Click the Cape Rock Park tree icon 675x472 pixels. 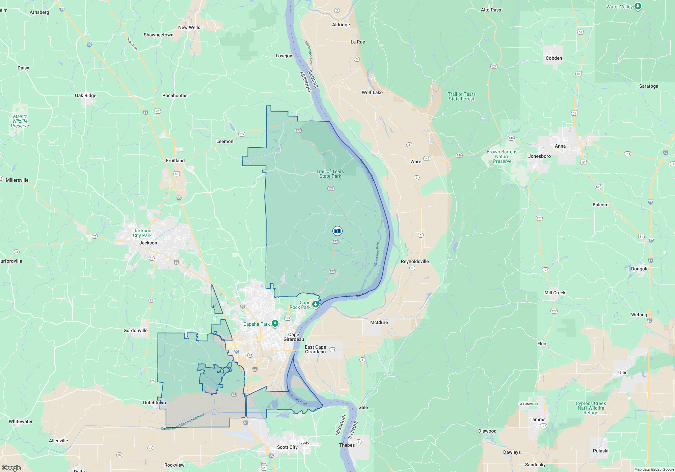[x=316, y=304]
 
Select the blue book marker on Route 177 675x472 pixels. [x=337, y=231]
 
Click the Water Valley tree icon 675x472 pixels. [x=638, y=6]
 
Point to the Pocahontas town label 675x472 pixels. [x=175, y=95]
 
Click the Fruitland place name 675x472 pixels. [x=175, y=160]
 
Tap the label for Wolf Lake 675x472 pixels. [x=372, y=92]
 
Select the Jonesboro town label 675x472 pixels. [x=539, y=156]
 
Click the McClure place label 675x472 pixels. [x=379, y=322]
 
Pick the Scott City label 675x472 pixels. [x=287, y=447]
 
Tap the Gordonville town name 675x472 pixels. [x=135, y=330]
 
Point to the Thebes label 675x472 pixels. [x=347, y=445]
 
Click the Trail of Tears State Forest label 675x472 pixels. [x=461, y=96]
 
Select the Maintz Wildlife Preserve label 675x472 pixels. [x=20, y=121]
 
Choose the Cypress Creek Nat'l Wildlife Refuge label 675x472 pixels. [x=591, y=408]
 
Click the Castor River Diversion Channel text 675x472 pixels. [x=183, y=422]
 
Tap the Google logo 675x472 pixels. [x=11, y=468]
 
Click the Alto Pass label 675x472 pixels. [x=491, y=10]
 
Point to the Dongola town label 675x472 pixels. [x=640, y=269]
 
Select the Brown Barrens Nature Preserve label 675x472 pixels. [x=502, y=156]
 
